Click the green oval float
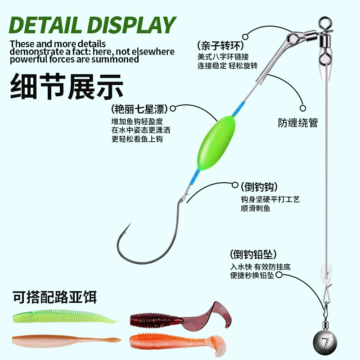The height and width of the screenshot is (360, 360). tap(216, 143)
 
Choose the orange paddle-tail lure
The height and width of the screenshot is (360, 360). tap(177, 342)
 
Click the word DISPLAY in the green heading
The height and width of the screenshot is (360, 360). tap(132, 25)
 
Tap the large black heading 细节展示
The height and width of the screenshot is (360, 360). tap(67, 86)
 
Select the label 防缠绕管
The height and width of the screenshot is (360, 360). tap(298, 122)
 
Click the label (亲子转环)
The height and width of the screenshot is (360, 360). tap(220, 45)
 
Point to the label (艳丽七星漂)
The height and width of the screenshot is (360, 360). tap(139, 108)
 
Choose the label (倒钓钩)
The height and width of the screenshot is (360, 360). tap(259, 187)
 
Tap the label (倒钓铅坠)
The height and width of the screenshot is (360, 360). tap(253, 254)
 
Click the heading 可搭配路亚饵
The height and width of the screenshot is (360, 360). tap(54, 297)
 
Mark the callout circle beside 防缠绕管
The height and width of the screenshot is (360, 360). tap(303, 108)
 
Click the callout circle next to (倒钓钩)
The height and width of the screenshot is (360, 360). tap(235, 185)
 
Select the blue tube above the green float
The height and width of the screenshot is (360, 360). tap(238, 109)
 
